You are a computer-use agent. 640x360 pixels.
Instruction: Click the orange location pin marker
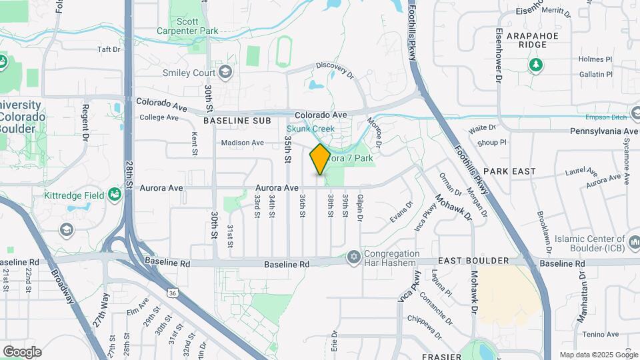pos(320,159)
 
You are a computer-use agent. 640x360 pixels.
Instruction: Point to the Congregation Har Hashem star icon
pos(354,257)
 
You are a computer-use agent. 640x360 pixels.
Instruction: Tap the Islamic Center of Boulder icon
pos(633,239)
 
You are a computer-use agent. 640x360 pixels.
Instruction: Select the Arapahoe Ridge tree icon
pos(534,65)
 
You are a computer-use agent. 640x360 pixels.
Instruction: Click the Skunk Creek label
pos(311,129)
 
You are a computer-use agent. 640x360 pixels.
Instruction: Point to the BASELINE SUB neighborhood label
pos(237,121)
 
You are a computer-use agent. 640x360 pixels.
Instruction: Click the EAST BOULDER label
pos(469,261)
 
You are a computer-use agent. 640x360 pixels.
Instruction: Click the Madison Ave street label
pos(243,143)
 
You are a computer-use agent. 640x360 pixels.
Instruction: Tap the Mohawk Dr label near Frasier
pos(475,291)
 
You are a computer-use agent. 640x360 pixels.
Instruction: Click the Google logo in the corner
pos(22,351)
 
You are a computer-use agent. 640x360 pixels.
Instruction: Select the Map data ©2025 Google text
pos(599,355)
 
